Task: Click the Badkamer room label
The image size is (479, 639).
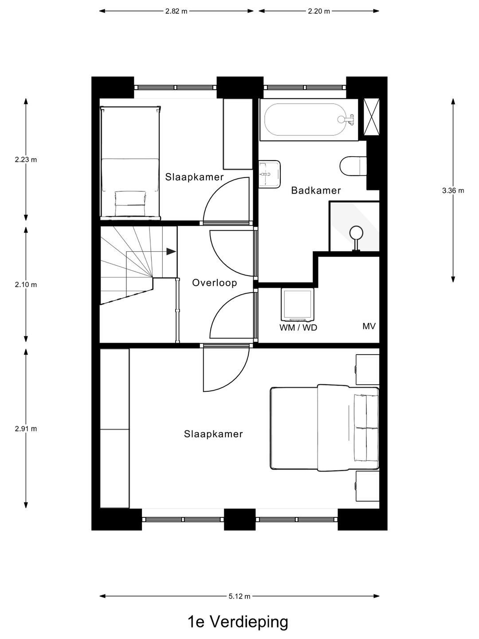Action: (316, 190)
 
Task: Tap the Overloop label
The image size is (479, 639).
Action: (214, 283)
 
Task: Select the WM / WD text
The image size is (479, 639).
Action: (298, 328)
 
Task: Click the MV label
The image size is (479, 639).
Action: (369, 326)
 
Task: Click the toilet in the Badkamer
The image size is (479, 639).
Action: (353, 167)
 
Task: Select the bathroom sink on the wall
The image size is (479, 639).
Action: (270, 174)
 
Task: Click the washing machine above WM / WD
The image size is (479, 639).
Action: (297, 304)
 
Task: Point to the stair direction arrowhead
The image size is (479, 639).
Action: (171, 252)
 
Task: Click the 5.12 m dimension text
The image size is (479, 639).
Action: (239, 596)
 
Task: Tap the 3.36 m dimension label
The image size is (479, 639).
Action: (453, 191)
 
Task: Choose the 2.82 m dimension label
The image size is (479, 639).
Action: (176, 12)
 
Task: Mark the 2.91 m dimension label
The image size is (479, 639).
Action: (26, 429)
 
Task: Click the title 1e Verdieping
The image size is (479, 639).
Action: (238, 622)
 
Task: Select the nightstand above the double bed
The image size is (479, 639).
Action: (367, 369)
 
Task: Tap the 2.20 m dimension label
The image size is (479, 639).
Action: (319, 12)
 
